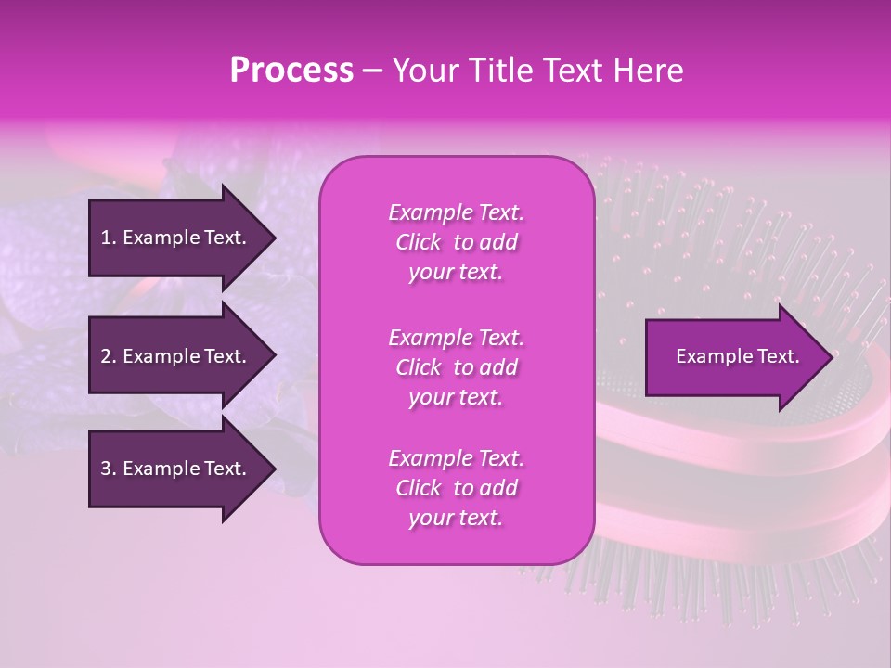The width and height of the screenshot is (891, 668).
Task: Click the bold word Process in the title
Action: [291, 71]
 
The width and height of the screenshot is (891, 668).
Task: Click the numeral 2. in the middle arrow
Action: [109, 356]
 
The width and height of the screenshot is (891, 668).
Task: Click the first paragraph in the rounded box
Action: [456, 242]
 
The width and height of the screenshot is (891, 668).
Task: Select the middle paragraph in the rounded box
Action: [456, 367]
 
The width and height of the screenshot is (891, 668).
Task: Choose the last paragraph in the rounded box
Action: [456, 488]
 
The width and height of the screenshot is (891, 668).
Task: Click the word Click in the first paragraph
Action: [418, 242]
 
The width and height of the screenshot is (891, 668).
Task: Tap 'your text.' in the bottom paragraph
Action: [456, 518]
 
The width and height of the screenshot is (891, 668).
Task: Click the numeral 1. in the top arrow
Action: [109, 238]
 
